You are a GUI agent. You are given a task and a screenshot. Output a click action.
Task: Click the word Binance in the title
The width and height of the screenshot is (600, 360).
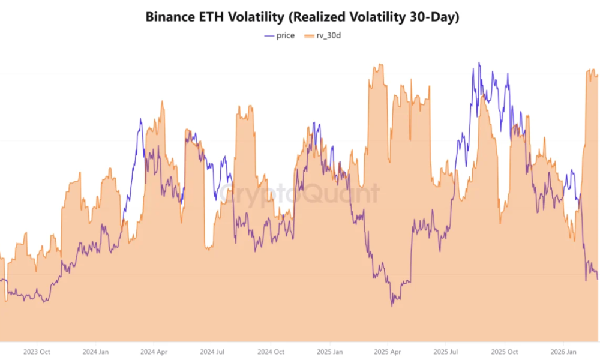[x=170, y=17]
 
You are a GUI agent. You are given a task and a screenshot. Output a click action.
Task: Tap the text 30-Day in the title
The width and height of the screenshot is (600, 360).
[x=434, y=17]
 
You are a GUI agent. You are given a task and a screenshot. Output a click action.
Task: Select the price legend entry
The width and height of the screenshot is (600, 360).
[x=280, y=35]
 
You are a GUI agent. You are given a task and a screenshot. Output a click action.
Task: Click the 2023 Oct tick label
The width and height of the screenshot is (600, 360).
[x=37, y=352]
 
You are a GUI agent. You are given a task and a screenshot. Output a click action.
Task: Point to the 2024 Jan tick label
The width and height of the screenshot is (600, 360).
[x=95, y=352]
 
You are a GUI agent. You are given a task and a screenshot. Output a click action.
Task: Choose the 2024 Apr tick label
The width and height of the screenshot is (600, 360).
[x=154, y=352]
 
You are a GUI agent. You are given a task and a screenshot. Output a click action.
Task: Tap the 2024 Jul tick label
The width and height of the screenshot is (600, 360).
[x=212, y=352]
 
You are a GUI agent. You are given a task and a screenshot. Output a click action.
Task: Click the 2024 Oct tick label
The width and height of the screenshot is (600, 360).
[x=271, y=352]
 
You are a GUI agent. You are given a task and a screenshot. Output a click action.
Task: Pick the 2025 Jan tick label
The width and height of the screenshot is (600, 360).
[x=329, y=352]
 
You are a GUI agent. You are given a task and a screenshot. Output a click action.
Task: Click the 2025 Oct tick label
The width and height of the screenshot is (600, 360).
[x=505, y=352]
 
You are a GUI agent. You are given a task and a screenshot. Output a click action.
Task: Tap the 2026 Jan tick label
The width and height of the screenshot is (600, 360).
[x=563, y=352]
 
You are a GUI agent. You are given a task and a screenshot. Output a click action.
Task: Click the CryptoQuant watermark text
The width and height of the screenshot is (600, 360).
[x=298, y=194]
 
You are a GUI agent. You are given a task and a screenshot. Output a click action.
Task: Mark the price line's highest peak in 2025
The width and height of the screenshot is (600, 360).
[x=479, y=62]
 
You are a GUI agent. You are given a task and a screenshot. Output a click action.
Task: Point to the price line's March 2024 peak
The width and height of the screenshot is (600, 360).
[x=140, y=119]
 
